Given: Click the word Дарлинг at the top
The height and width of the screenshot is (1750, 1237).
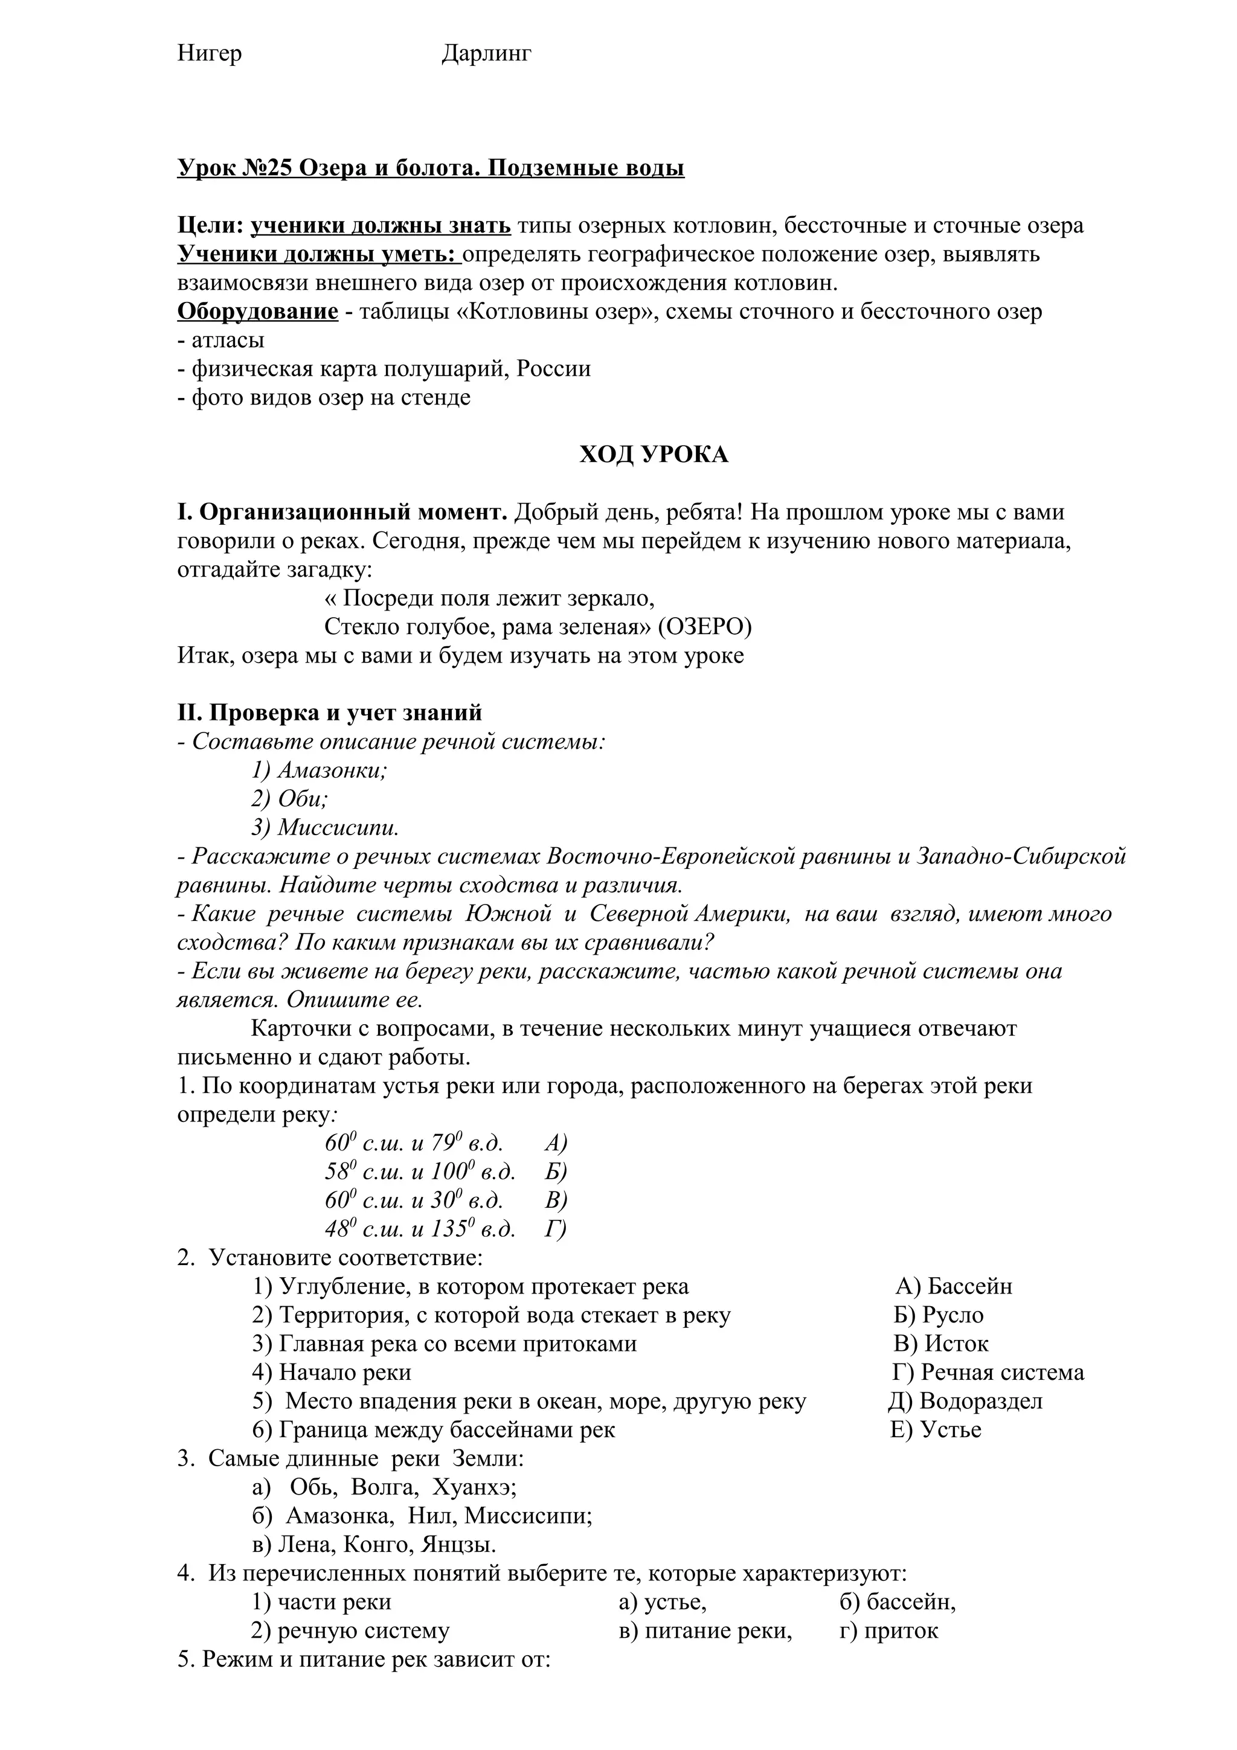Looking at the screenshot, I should (x=486, y=53).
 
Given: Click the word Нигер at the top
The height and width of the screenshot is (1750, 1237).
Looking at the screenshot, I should (x=210, y=53).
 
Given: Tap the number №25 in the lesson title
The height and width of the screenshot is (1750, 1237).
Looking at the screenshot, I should (x=268, y=168).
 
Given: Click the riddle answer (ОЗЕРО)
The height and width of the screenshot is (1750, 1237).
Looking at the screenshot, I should (x=704, y=627).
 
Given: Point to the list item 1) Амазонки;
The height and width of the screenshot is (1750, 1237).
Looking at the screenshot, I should (x=320, y=771).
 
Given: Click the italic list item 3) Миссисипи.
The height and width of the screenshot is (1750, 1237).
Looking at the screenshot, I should (x=326, y=828).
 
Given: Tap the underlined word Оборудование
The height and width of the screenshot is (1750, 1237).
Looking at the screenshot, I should (x=258, y=312).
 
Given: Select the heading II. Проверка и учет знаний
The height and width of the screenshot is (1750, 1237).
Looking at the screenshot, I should (x=329, y=713).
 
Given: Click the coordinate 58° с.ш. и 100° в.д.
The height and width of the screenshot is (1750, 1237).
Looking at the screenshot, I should (x=420, y=1171).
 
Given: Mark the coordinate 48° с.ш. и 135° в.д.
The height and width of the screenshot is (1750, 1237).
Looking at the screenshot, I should (x=420, y=1229).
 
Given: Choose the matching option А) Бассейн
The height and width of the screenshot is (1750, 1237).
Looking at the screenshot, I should (x=954, y=1287).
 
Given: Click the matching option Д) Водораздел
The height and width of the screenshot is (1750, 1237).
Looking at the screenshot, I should (x=965, y=1401).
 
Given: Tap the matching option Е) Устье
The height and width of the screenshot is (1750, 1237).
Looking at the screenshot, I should (x=935, y=1430).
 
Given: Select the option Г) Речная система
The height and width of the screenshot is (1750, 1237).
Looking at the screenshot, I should (x=988, y=1373).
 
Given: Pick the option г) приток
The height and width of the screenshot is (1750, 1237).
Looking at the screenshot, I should (x=888, y=1630).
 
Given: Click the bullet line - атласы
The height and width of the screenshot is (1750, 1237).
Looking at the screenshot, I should (x=221, y=340).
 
